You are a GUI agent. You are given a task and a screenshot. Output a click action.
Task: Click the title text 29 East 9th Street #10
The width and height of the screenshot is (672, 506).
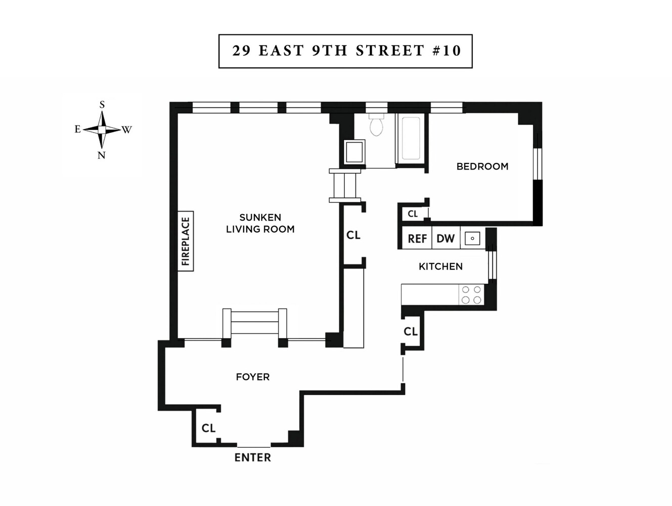[x=346, y=51]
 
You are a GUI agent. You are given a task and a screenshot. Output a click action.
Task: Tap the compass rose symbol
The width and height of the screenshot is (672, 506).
[x=102, y=130]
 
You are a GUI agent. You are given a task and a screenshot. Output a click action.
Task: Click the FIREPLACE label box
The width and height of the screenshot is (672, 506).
[x=186, y=241]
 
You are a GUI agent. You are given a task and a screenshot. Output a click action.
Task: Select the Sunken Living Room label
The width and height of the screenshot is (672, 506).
[x=260, y=223]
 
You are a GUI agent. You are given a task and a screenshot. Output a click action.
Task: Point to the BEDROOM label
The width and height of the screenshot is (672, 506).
[x=482, y=166]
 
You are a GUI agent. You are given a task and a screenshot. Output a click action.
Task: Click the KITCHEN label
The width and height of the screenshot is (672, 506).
[x=440, y=267]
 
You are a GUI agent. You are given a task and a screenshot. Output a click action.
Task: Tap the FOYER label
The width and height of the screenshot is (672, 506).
[x=252, y=377]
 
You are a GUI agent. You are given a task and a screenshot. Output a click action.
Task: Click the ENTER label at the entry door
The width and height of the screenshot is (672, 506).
[x=252, y=457]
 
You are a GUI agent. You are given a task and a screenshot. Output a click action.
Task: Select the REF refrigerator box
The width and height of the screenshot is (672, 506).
[x=417, y=238]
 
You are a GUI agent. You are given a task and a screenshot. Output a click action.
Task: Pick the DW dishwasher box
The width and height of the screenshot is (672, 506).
[x=445, y=238]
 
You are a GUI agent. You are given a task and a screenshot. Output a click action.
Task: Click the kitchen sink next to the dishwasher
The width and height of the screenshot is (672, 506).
[x=472, y=238]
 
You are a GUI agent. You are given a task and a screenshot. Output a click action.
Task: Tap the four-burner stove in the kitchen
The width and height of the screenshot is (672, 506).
[x=471, y=295]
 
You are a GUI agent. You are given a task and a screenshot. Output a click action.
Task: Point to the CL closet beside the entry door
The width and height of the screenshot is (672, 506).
[x=208, y=428]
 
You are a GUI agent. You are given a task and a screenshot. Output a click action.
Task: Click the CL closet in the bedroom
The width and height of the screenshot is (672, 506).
[x=413, y=214]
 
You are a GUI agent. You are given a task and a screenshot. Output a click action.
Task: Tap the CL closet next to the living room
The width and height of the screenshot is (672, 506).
[x=353, y=235]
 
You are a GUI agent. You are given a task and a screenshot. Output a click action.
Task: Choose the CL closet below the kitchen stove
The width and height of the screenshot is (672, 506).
[x=411, y=331]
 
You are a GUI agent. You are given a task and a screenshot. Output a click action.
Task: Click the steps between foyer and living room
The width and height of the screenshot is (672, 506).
[x=255, y=323]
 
